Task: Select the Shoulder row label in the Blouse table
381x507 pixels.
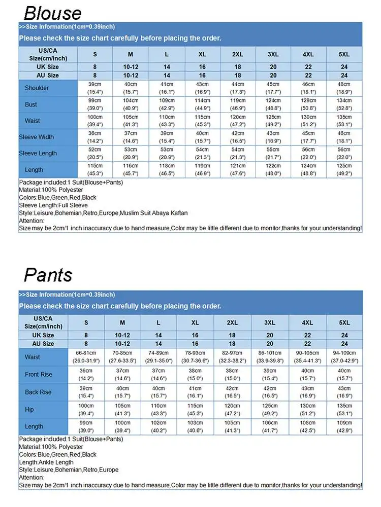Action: point(37,88)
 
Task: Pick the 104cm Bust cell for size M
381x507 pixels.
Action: point(131,104)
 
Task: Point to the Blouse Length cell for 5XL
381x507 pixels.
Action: point(344,170)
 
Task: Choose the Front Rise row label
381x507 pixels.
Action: point(38,375)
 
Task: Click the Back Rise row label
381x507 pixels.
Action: point(38,392)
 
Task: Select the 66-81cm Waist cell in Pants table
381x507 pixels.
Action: point(86,357)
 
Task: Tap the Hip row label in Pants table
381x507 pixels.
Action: point(29,409)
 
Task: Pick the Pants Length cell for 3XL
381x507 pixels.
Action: point(270,426)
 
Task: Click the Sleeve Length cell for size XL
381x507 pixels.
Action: point(202,153)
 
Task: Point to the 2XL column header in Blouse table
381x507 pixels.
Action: point(238,54)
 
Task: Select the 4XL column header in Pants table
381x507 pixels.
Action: point(307,322)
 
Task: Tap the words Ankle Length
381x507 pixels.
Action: point(56,462)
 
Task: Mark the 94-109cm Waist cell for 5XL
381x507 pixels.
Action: point(344,357)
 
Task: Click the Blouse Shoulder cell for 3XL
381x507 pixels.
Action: point(273,88)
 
